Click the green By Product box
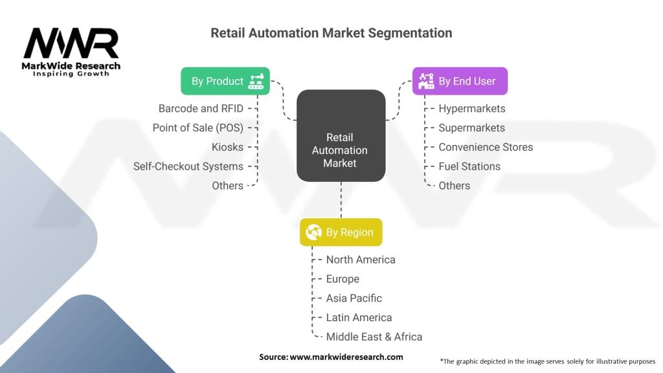(x=225, y=81)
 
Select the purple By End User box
(x=460, y=81)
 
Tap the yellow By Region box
(x=341, y=232)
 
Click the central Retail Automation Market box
(x=341, y=135)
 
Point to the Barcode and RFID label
(x=201, y=108)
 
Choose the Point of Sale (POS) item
(x=197, y=128)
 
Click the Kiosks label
(x=227, y=147)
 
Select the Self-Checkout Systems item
(x=188, y=166)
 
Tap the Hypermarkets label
(x=472, y=108)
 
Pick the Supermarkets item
(x=471, y=128)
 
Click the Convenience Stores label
(x=486, y=147)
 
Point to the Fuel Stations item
(x=469, y=166)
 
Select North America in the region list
(x=361, y=260)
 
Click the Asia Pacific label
(x=354, y=298)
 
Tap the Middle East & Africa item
(x=374, y=337)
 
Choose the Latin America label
(x=359, y=317)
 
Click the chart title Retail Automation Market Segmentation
(x=331, y=32)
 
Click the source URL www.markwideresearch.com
(x=346, y=357)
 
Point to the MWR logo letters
(x=71, y=44)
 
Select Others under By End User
(x=455, y=186)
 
